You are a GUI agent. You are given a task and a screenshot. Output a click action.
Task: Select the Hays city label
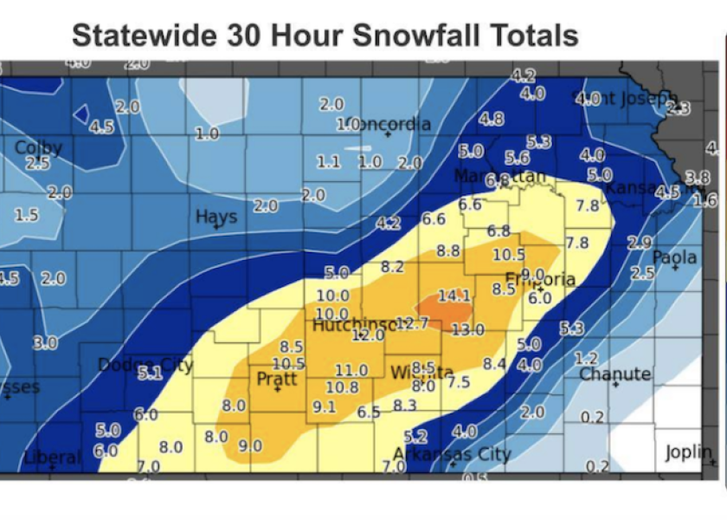216,216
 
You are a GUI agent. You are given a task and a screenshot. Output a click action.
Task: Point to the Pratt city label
277,380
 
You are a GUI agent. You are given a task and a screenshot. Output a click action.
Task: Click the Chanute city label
614,374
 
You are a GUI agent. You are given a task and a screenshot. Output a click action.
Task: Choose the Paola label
674,257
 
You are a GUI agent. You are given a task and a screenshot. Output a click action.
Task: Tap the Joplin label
688,452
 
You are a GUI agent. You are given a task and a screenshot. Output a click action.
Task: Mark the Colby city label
38,147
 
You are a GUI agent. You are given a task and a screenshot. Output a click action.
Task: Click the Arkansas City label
453,454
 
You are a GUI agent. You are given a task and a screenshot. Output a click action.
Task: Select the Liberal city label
53,457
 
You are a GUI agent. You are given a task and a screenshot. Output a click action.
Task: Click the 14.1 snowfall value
454,296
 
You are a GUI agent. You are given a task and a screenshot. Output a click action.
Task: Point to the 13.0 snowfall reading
468,329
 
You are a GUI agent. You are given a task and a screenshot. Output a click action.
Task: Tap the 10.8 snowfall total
343,387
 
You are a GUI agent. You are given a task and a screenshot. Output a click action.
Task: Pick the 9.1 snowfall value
324,406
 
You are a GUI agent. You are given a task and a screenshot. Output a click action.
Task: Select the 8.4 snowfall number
494,364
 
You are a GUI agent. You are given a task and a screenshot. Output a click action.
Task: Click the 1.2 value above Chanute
587,359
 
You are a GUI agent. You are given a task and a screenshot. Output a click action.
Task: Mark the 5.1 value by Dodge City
151,374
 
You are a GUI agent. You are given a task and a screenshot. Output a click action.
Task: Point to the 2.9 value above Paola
639,244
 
